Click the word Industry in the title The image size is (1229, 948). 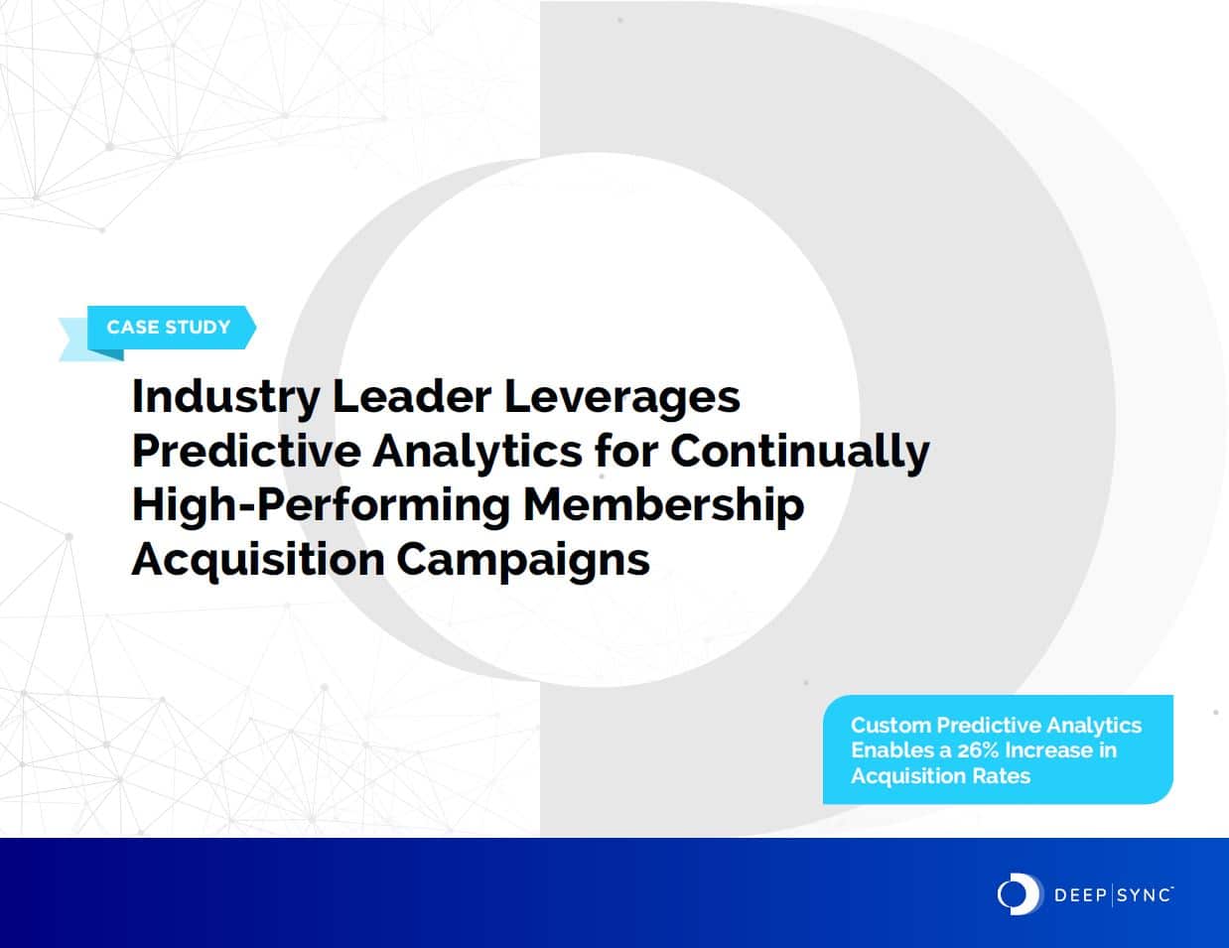click(x=225, y=397)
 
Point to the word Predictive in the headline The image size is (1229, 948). click(x=246, y=451)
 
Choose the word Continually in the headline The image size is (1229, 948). click(x=800, y=451)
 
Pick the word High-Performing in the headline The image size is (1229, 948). click(x=321, y=504)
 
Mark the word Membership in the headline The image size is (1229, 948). click(x=663, y=504)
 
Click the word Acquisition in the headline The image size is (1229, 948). click(x=257, y=559)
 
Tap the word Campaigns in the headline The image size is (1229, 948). click(x=523, y=559)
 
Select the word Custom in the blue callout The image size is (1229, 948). click(x=890, y=725)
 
